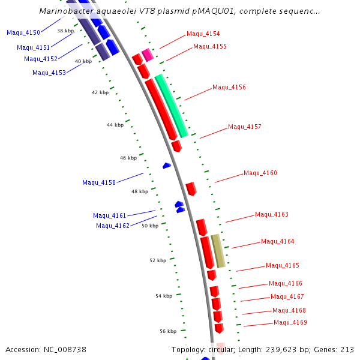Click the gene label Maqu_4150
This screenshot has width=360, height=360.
click(23, 32)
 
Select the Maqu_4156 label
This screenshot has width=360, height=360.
click(229, 88)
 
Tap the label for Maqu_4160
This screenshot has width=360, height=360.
click(260, 173)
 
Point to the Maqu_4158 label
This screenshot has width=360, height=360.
click(99, 182)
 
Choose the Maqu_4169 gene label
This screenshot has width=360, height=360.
click(290, 323)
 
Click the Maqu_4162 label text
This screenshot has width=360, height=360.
click(113, 226)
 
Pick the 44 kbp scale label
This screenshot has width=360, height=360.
click(115, 125)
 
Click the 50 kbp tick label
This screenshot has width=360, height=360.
click(150, 226)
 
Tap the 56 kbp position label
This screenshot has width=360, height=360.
click(168, 331)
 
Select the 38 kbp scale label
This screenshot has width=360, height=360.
click(65, 30)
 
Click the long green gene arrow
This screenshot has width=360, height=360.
click(172, 106)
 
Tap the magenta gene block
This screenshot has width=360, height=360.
click(148, 55)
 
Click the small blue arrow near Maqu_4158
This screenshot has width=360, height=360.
click(167, 165)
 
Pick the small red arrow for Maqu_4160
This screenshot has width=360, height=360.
click(191, 189)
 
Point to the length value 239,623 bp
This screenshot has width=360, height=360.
click(289, 349)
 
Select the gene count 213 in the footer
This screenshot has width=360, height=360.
click(347, 349)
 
